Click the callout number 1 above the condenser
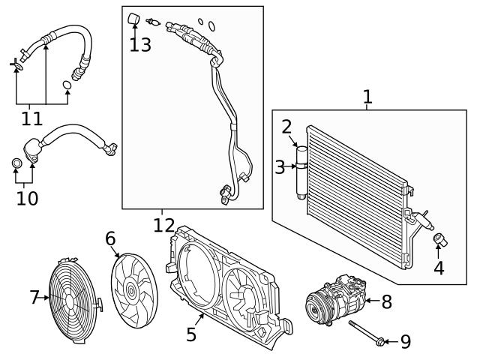pyautogui.click(x=367, y=96)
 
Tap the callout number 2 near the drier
pyautogui.click(x=286, y=126)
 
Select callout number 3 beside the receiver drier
pyautogui.click(x=280, y=166)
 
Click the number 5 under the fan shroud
pyautogui.click(x=191, y=334)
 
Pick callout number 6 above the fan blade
pyautogui.click(x=110, y=238)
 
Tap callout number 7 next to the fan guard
pyautogui.click(x=34, y=298)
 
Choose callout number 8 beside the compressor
pyautogui.click(x=386, y=301)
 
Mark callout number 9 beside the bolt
pyautogui.click(x=405, y=342)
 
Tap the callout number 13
pyautogui.click(x=139, y=44)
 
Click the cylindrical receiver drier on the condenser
pyautogui.click(x=301, y=171)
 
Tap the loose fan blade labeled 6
pyautogui.click(x=132, y=286)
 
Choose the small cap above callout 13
pyautogui.click(x=134, y=17)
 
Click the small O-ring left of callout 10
pyautogui.click(x=16, y=163)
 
